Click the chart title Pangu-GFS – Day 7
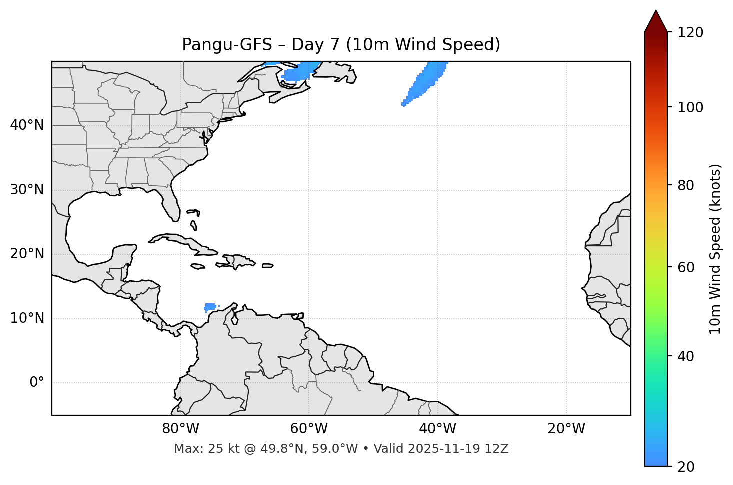coord(341,45)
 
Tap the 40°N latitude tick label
coord(27,125)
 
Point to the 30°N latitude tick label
coord(27,190)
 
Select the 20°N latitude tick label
coord(27,254)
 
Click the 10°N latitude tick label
coord(27,318)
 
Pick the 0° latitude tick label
coord(37,383)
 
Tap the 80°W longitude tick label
coord(180,429)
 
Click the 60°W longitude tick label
coord(309,429)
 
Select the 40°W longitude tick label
coord(437,429)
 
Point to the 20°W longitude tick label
coord(566,429)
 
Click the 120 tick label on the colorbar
coord(690,32)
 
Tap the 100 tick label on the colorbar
coord(690,107)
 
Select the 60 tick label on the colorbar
coord(686,267)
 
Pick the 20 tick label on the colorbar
coord(686,467)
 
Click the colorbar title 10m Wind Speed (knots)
coord(715,249)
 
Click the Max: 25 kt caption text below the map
coord(341,449)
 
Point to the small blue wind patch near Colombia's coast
coord(210,306)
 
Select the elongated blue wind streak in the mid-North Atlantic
coord(424,82)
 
